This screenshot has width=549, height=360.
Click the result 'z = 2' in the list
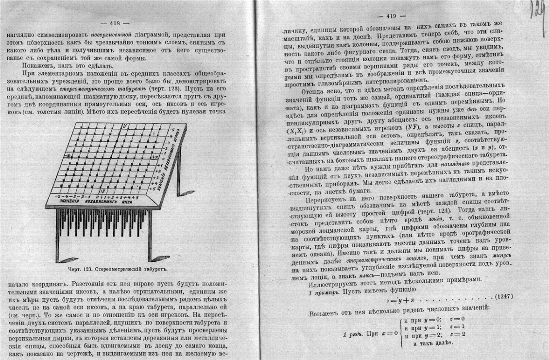458,335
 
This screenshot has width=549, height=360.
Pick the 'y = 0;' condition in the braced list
429,319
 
